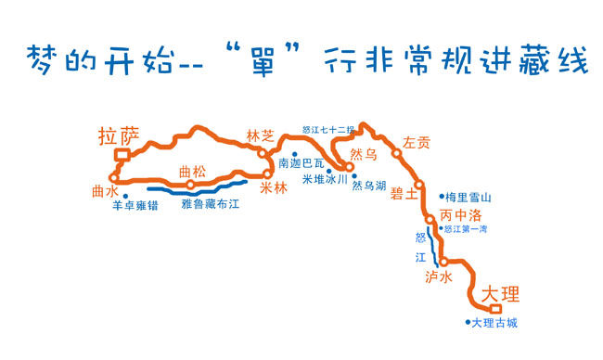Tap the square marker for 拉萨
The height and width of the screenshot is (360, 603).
(x=119, y=156)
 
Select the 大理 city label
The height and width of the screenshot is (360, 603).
(x=501, y=293)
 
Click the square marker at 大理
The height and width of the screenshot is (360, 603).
(x=495, y=309)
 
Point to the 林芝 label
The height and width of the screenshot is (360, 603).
(x=261, y=136)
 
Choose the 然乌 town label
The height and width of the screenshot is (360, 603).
(x=364, y=153)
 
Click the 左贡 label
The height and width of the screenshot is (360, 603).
(x=416, y=143)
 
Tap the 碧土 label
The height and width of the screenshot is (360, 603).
(x=404, y=193)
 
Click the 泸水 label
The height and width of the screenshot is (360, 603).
(x=438, y=277)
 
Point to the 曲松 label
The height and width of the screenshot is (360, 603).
(x=192, y=171)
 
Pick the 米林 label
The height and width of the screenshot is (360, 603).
(x=274, y=188)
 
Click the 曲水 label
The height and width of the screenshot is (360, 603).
(x=105, y=189)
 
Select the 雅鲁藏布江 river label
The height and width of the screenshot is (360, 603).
(x=211, y=201)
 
